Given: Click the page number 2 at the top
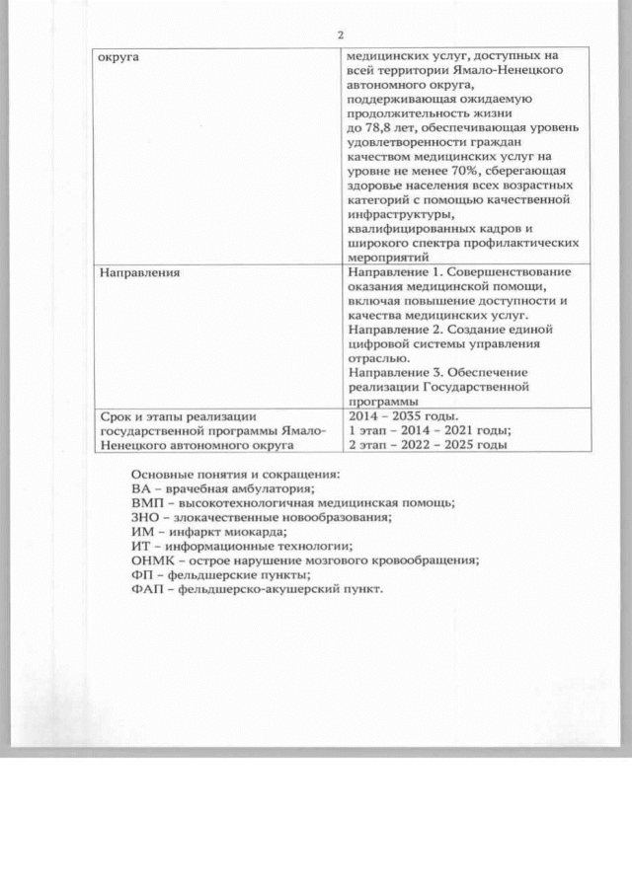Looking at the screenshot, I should point(340,37).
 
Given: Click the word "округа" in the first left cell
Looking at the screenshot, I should point(118,58).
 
